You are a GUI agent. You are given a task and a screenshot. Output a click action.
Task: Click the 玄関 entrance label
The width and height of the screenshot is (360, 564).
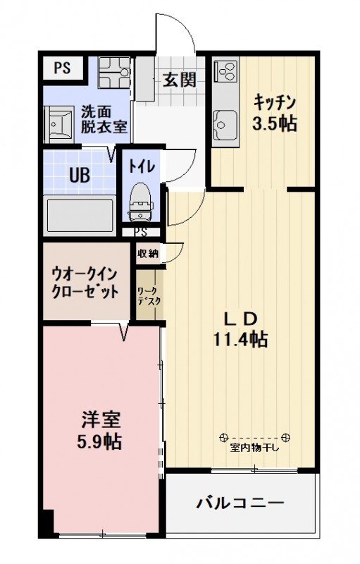tap(180, 80)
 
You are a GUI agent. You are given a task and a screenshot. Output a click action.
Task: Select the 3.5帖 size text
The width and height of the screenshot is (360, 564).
tap(275, 123)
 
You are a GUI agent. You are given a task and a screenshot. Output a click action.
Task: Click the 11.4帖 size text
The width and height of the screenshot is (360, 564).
tap(240, 340)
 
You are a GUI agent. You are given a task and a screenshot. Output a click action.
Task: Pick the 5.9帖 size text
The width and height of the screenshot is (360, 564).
tap(99, 442)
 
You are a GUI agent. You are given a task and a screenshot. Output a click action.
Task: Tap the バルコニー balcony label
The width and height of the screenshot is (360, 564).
tap(240, 503)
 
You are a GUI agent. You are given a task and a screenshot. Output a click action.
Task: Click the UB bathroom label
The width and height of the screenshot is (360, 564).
tap(79, 175)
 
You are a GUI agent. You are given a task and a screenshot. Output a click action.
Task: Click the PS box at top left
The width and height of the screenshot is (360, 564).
tap(62, 68)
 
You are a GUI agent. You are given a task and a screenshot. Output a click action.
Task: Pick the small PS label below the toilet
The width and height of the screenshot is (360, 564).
tap(140, 232)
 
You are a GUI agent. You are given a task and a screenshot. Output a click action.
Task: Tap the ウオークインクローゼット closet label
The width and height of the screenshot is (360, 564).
tap(86, 281)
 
